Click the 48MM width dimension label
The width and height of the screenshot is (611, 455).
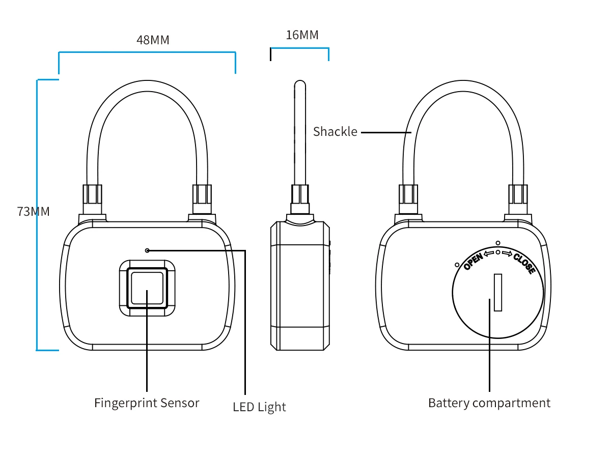(153, 40)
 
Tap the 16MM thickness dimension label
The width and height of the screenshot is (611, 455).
(302, 35)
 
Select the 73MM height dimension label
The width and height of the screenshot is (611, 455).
(34, 212)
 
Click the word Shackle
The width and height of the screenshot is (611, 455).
(335, 132)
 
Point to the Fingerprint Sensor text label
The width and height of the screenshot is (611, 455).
(147, 403)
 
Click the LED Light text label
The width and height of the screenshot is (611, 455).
(259, 407)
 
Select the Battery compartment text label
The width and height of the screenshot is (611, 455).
(489, 403)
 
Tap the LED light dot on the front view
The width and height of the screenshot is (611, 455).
(147, 250)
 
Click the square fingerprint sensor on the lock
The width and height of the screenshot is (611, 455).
(147, 288)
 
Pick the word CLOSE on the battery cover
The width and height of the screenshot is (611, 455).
(524, 263)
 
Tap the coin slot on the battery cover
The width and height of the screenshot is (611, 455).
(498, 292)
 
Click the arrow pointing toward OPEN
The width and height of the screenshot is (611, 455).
(489, 252)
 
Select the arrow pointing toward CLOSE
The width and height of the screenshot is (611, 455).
(507, 252)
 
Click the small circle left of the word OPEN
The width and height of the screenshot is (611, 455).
(457, 265)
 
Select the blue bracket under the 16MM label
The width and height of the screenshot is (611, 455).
(299, 49)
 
